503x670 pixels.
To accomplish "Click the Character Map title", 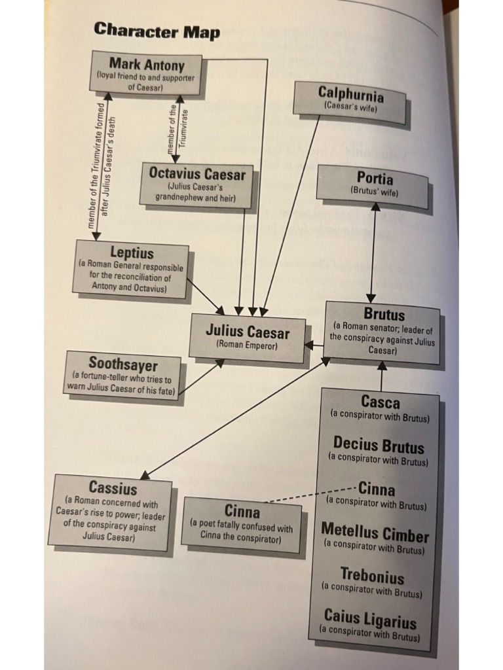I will point(157,30).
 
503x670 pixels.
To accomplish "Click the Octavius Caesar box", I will point(196,185).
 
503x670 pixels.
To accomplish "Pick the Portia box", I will point(373,183).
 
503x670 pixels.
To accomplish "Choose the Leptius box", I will point(131,269).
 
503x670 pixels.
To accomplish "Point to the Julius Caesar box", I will point(248,338).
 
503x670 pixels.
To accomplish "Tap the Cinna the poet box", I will point(242,524).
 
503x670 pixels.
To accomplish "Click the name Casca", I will point(380,402).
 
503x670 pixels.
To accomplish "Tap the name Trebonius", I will point(372,576).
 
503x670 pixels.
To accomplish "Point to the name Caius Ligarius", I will point(370,619).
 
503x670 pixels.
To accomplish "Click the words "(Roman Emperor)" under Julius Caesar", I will point(247,345).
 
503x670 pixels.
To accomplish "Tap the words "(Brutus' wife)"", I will point(373,192).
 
